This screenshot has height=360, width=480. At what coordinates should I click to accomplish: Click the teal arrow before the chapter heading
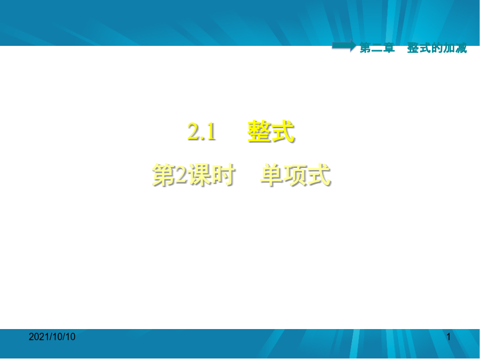pyautogui.click(x=344, y=46)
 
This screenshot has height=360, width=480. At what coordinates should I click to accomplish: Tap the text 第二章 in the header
pyautogui.click(x=377, y=48)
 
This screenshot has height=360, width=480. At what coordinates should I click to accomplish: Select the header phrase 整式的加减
pyautogui.click(x=437, y=48)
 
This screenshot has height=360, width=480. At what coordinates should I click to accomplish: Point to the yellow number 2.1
pyautogui.click(x=202, y=132)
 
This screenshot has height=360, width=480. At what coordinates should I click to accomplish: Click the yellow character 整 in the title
pyautogui.click(x=259, y=131)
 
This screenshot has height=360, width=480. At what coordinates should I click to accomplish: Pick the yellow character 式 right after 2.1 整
pyautogui.click(x=283, y=131)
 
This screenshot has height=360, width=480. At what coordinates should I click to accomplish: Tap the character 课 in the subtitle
pyautogui.click(x=200, y=175)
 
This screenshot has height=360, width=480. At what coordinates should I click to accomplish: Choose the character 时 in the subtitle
pyautogui.click(x=223, y=175)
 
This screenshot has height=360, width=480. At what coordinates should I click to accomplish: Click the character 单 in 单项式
pyautogui.click(x=272, y=175)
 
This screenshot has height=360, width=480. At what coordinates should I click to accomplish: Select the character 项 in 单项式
pyautogui.click(x=295, y=175)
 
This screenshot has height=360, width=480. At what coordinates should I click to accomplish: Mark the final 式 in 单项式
pyautogui.click(x=319, y=175)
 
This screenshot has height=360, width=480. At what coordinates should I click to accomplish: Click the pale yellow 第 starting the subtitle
pyautogui.click(x=164, y=175)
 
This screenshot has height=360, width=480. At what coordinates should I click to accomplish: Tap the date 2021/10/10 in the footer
pyautogui.click(x=52, y=337)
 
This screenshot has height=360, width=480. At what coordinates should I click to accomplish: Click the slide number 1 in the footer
pyautogui.click(x=449, y=337)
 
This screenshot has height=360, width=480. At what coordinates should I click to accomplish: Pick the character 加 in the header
pyautogui.click(x=449, y=48)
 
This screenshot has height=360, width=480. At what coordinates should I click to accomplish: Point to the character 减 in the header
pyautogui.click(x=461, y=48)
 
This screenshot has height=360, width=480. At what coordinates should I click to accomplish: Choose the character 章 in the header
pyautogui.click(x=389, y=48)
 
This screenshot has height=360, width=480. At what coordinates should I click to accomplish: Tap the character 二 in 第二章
pyautogui.click(x=377, y=48)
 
